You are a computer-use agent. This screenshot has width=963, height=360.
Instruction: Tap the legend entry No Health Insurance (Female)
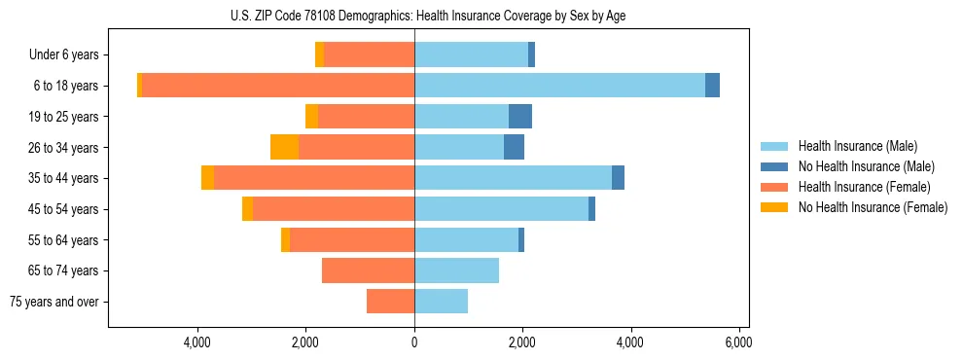tap(873, 207)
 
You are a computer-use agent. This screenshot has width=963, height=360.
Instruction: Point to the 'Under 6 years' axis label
tap(64, 54)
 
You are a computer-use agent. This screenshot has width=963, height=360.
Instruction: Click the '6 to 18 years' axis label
tap(66, 86)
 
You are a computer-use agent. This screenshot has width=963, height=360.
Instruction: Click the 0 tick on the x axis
tap(414, 342)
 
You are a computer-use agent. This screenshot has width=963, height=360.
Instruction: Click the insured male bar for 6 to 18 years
tap(559, 86)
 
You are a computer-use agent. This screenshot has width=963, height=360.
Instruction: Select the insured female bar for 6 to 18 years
tap(278, 86)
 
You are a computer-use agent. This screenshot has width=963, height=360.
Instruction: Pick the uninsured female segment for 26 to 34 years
tap(284, 147)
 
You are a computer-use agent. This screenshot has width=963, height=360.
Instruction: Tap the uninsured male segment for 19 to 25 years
tap(520, 116)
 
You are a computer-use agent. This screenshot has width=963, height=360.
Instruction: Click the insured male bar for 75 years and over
tap(441, 302)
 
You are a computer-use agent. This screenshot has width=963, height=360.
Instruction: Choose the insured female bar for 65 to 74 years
tap(368, 270)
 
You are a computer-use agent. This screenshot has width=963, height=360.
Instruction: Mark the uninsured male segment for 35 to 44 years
tap(618, 178)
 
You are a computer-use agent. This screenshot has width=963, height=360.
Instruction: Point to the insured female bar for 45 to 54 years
tap(334, 209)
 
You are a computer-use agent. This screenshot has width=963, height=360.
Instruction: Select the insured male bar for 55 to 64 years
tap(466, 239)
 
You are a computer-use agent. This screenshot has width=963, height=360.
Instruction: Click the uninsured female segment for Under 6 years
tap(319, 54)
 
